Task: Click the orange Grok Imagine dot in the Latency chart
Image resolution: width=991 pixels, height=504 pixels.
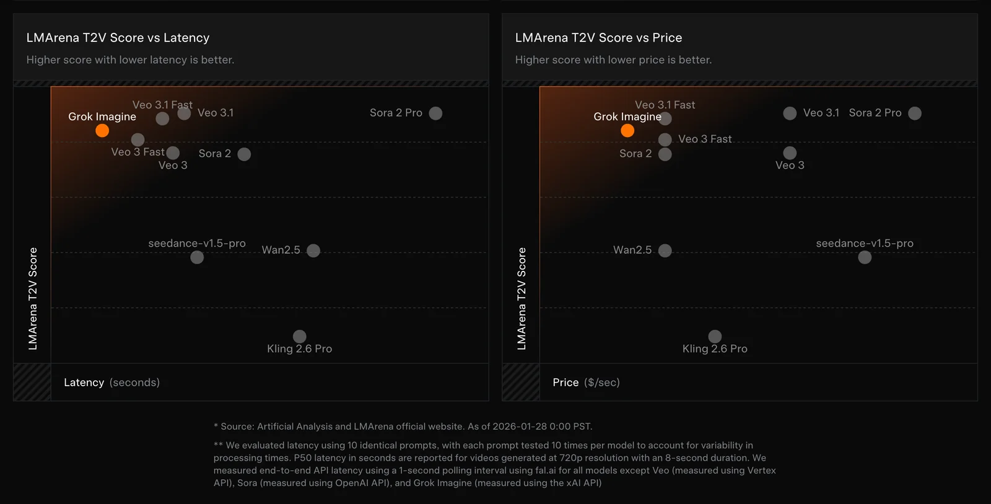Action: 102,130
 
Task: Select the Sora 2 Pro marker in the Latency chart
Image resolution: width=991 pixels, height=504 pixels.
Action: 435,113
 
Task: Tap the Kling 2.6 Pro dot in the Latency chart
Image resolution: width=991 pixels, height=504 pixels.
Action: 300,336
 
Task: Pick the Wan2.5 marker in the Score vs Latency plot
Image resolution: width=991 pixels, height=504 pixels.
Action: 313,250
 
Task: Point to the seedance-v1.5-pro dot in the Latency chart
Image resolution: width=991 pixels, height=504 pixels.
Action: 197,257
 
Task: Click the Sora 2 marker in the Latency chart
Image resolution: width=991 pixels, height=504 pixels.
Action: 244,154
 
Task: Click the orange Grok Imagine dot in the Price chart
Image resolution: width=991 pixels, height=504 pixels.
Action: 627,130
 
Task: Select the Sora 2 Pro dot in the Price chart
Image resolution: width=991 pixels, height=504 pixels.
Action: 915,113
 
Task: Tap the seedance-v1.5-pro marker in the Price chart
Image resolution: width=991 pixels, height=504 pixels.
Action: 865,257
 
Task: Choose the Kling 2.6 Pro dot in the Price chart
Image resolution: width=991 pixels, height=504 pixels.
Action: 715,336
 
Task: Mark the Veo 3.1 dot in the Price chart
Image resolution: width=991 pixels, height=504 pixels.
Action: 790,113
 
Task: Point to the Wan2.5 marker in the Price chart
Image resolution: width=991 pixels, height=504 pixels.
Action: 665,250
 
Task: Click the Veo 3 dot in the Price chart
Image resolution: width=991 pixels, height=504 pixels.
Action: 790,153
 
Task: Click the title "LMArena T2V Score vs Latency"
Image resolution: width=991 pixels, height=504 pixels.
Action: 118,38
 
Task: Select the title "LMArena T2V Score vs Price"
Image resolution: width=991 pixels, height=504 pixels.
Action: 598,38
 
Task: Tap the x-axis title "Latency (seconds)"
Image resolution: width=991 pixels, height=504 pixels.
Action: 111,382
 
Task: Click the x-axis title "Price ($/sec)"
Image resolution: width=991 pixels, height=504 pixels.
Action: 586,382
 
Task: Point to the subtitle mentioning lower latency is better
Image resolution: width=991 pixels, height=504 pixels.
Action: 130,60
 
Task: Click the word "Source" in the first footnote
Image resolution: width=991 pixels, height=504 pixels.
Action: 237,427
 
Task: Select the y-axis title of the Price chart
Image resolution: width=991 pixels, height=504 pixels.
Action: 522,299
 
